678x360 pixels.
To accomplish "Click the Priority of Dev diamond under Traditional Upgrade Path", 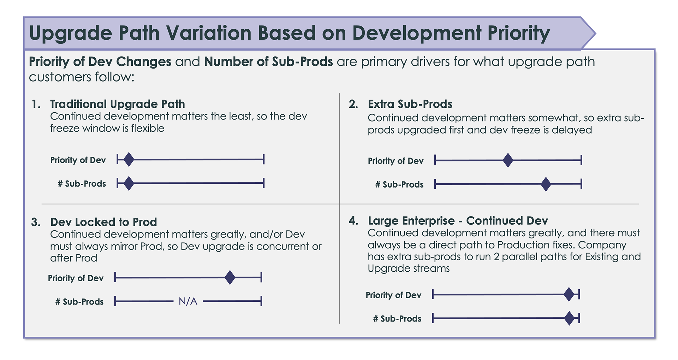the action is (x=129, y=159).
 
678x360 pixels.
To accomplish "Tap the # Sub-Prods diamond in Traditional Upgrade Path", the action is (x=129, y=183).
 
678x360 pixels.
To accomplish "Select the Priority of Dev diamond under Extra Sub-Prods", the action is (x=508, y=160).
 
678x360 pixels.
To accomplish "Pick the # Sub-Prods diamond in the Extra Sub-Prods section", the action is (x=546, y=184).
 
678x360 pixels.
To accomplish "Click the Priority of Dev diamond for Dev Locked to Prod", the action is (x=230, y=277).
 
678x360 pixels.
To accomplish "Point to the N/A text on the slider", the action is (x=188, y=301).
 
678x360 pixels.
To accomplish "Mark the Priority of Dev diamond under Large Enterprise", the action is (x=569, y=294).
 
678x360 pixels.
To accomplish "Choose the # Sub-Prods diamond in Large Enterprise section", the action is (x=569, y=318).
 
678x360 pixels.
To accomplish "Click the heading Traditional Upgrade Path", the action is (x=118, y=104).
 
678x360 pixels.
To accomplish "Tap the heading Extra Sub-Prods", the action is (x=410, y=104).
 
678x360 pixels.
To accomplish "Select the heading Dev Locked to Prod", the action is (x=103, y=222).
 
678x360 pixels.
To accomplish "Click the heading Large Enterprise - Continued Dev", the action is (x=458, y=221).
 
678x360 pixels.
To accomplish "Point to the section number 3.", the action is (x=36, y=222).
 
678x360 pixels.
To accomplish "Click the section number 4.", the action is (x=353, y=221).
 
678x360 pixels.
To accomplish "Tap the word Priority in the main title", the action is (x=519, y=33).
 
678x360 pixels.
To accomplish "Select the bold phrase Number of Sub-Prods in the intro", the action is (x=268, y=61).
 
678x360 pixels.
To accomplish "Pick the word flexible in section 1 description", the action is (x=148, y=128).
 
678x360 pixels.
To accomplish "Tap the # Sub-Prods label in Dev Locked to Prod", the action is (x=79, y=302).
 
